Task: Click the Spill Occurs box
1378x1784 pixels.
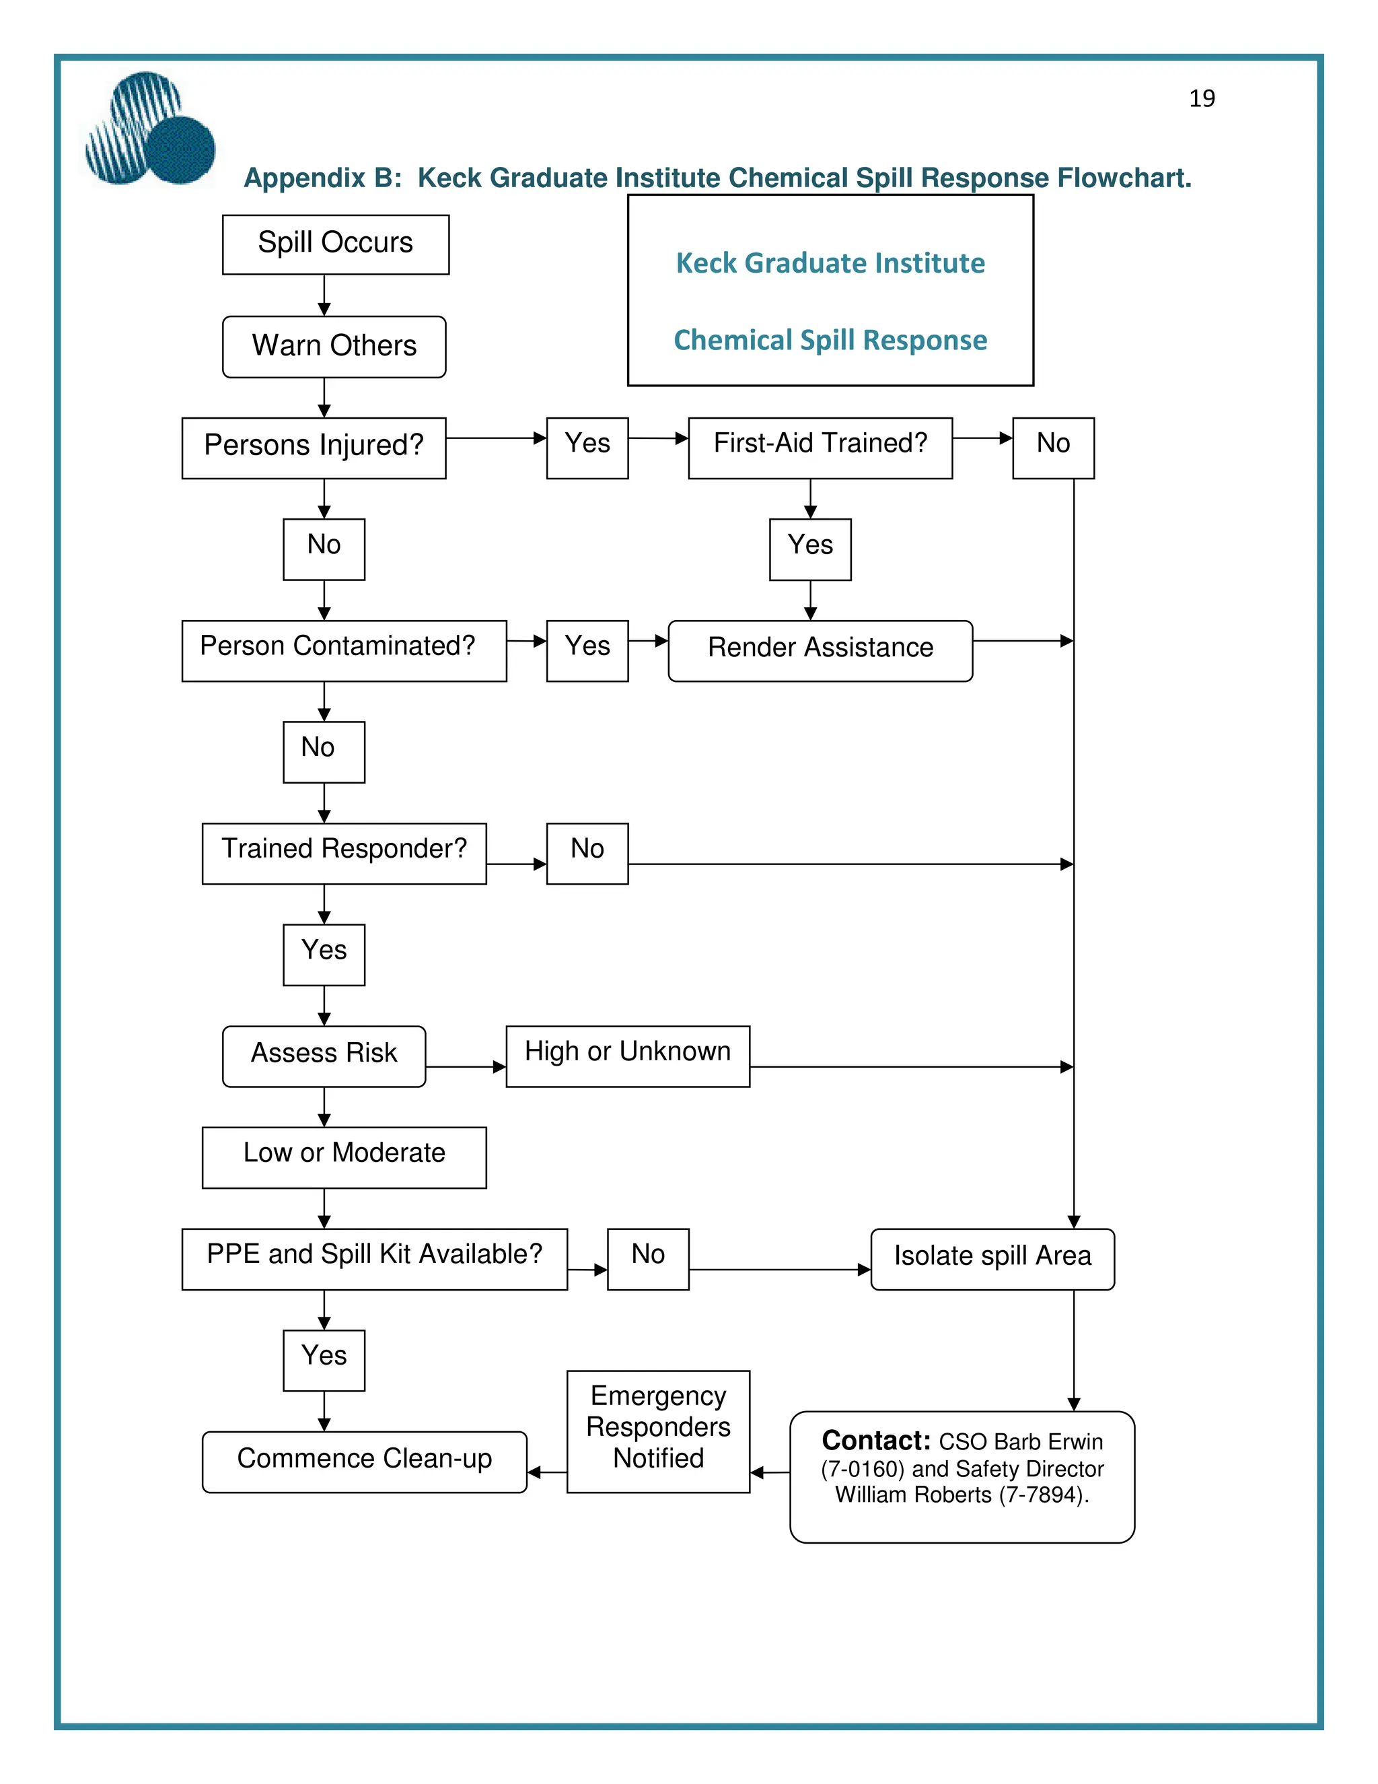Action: pos(336,244)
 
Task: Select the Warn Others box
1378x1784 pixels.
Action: pos(334,346)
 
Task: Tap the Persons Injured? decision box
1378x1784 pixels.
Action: pos(314,448)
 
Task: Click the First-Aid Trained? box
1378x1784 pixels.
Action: pos(820,448)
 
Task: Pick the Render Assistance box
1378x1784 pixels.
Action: pos(820,650)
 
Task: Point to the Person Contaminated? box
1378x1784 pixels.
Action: pos(344,650)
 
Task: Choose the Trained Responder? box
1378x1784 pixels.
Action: pos(344,853)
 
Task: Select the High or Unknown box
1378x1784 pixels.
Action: pos(627,1056)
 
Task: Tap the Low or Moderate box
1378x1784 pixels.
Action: pos(344,1157)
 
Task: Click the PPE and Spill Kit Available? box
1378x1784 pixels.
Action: pos(374,1258)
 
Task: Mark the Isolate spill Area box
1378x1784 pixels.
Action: pos(992,1258)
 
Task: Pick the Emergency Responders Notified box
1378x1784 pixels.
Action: pos(658,1431)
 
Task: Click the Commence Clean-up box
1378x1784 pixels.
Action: pos(364,1461)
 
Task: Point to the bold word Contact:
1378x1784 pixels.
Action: pos(876,1440)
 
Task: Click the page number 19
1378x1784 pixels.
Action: pos(1202,99)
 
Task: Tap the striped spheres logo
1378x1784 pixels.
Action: pos(149,129)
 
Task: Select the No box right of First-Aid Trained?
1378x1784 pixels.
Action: pos(1053,448)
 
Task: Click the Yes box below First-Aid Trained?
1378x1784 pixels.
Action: pos(810,549)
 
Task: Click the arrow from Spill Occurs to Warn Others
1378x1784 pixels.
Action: pos(324,295)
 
